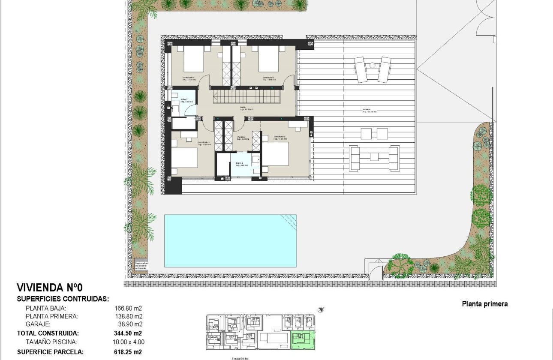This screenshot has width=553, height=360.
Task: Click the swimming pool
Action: [x=230, y=241]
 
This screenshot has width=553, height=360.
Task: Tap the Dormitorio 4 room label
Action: [x=187, y=79]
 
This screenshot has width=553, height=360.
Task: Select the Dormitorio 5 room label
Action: [x=268, y=79]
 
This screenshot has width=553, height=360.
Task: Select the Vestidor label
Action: [x=243, y=138]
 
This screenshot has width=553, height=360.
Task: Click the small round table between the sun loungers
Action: [x=373, y=65]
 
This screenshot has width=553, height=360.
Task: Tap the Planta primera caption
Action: [x=484, y=304]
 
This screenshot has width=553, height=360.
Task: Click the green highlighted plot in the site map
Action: [x=303, y=339]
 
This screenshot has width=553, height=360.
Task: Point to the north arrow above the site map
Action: [x=321, y=309]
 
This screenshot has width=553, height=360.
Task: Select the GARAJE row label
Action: [x=38, y=324]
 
